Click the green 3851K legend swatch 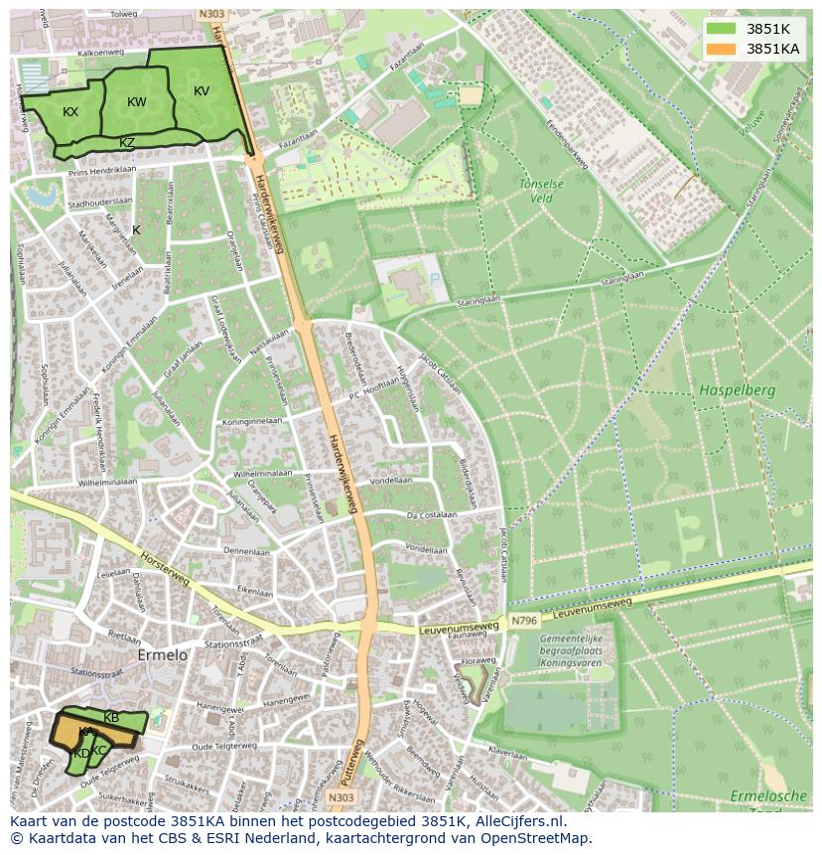pos(722,29)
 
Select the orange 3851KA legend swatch pos(722,49)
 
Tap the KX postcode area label pos(70,112)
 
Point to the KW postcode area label pos(137,102)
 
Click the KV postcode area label pos(202,91)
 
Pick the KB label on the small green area pos(111,717)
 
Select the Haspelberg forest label pos(736,390)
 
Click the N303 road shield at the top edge pos(210,14)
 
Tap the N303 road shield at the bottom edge pos(341,797)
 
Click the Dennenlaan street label pos(246,550)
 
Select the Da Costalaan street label pos(431,514)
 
